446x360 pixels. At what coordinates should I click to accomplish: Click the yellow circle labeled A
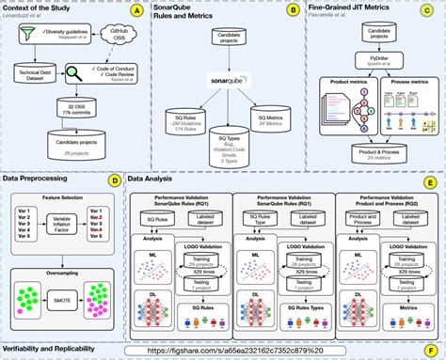(137, 10)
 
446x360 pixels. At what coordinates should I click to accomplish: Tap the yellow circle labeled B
(293, 10)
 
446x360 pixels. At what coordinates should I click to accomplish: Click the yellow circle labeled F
(431, 349)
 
